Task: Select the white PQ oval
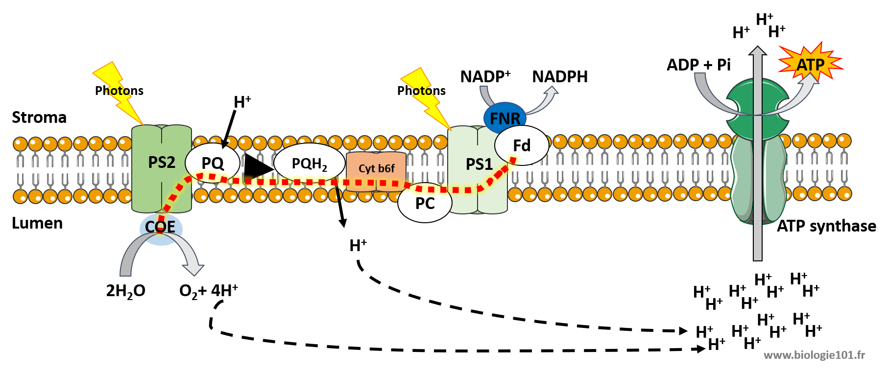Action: (x=212, y=163)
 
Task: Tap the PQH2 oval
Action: (x=309, y=163)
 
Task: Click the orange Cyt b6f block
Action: (x=376, y=169)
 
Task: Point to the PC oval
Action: (x=425, y=203)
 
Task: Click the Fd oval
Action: (x=522, y=145)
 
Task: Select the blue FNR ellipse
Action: (x=504, y=117)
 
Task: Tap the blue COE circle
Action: (x=161, y=228)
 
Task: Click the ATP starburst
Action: (x=810, y=64)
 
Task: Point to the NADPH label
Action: (x=560, y=77)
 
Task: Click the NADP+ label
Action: (x=485, y=77)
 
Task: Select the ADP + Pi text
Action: (x=698, y=65)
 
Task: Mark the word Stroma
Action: (x=39, y=117)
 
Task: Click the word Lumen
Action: (x=37, y=223)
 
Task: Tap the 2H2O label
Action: (x=125, y=291)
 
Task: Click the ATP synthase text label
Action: (x=826, y=226)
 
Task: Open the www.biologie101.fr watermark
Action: (x=814, y=355)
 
